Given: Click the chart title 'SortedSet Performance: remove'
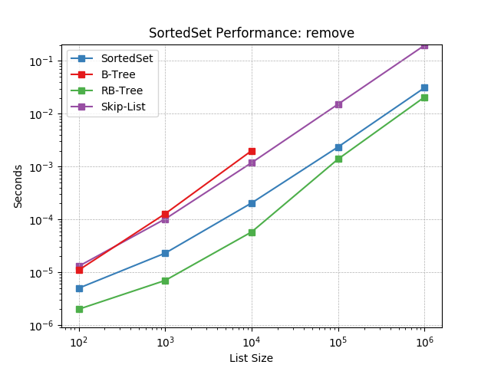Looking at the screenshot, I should (x=252, y=33).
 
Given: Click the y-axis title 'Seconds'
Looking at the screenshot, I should (x=18, y=186).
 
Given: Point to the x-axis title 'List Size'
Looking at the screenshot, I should (x=252, y=358).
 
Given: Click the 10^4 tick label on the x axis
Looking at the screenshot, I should (x=252, y=340).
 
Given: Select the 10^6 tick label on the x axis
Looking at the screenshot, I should (x=424, y=340).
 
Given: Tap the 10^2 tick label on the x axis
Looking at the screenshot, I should (x=78, y=340).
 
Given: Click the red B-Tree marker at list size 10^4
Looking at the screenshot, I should (x=252, y=151).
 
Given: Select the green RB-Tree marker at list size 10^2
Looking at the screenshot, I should (x=78, y=309).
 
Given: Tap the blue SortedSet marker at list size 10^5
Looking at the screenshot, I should (x=338, y=147).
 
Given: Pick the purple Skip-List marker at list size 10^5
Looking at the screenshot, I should (x=338, y=104).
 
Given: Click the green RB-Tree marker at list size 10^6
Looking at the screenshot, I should (x=424, y=97).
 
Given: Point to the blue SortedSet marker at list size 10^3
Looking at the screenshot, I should (x=165, y=253).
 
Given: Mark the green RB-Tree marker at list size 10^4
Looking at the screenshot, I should (x=252, y=232).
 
